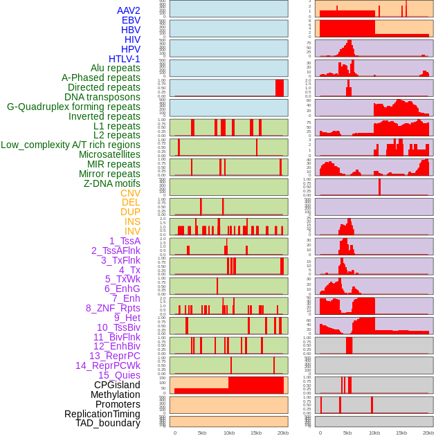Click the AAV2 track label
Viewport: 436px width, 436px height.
[129, 11]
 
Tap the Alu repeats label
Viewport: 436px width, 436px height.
[116, 69]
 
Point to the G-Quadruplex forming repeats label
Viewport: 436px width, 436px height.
[73, 107]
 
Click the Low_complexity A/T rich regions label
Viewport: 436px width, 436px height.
[71, 145]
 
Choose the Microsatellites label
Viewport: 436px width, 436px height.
[109, 154]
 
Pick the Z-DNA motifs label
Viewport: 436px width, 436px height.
[112, 183]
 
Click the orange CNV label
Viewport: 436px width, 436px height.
[130, 193]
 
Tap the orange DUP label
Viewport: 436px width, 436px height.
[130, 212]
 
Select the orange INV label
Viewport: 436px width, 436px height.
[132, 231]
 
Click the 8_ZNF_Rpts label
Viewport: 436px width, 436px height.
[113, 308]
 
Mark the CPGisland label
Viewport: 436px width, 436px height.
[117, 385]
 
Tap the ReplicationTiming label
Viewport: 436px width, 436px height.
[102, 414]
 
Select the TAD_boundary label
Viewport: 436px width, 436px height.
[107, 423]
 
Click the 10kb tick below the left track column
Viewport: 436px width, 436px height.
[228, 433]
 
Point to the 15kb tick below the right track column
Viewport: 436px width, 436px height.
[401, 433]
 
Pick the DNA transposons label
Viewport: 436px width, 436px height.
[102, 97]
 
